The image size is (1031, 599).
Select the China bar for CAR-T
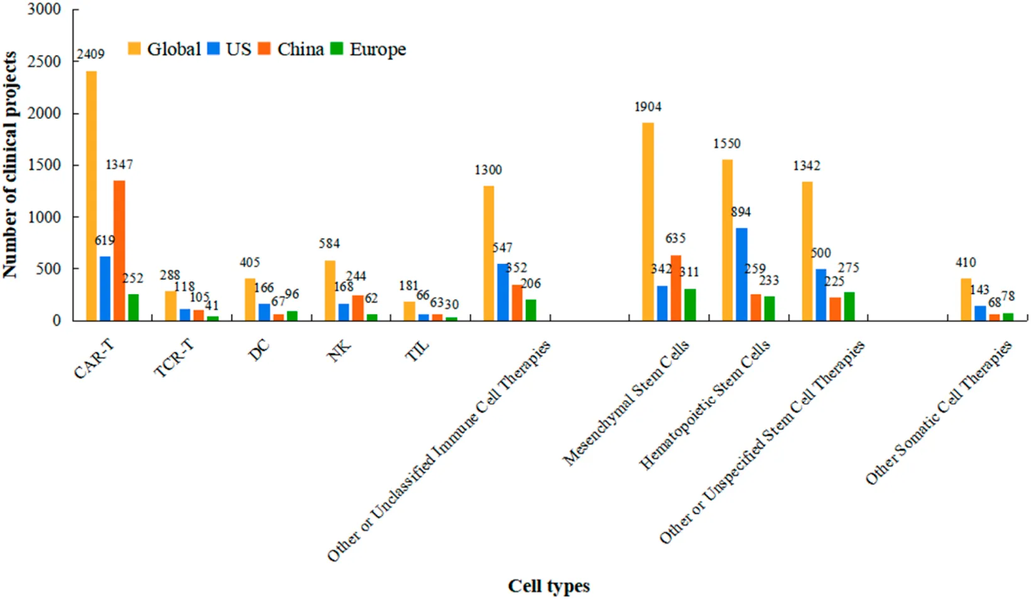coord(119,251)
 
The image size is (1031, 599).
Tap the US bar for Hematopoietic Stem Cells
coord(741,274)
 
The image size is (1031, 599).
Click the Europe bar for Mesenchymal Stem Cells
coord(690,305)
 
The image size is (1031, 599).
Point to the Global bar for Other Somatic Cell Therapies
coord(966,299)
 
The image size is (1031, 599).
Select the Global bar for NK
coord(330,290)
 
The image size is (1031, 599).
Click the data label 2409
coord(90,55)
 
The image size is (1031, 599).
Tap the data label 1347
coord(119,165)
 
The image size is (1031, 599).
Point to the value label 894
coord(741,212)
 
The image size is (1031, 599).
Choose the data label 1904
coord(648,107)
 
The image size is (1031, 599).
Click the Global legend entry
coord(164,49)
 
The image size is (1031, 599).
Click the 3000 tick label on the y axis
coord(44,10)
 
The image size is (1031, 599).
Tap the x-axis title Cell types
coord(548,586)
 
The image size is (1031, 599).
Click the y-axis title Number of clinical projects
coord(9,165)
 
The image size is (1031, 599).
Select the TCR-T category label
coord(173,359)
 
